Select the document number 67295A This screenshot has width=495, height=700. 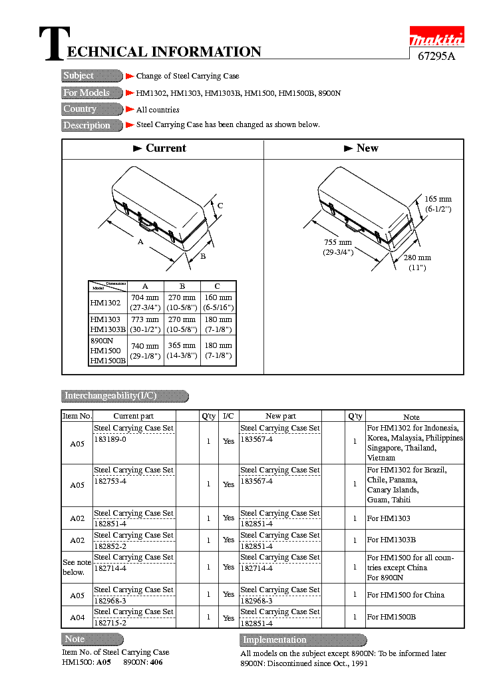click(436, 57)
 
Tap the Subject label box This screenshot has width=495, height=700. click(92, 76)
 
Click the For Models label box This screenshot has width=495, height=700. click(92, 92)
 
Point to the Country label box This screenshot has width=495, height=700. click(92, 109)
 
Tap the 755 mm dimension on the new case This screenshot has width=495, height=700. click(337, 243)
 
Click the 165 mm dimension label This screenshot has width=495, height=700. click(438, 199)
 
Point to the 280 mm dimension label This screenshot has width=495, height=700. click(417, 258)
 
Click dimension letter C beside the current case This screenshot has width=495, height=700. click(220, 206)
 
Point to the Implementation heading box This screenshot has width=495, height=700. click(303, 640)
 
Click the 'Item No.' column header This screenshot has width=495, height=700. click(77, 416)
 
